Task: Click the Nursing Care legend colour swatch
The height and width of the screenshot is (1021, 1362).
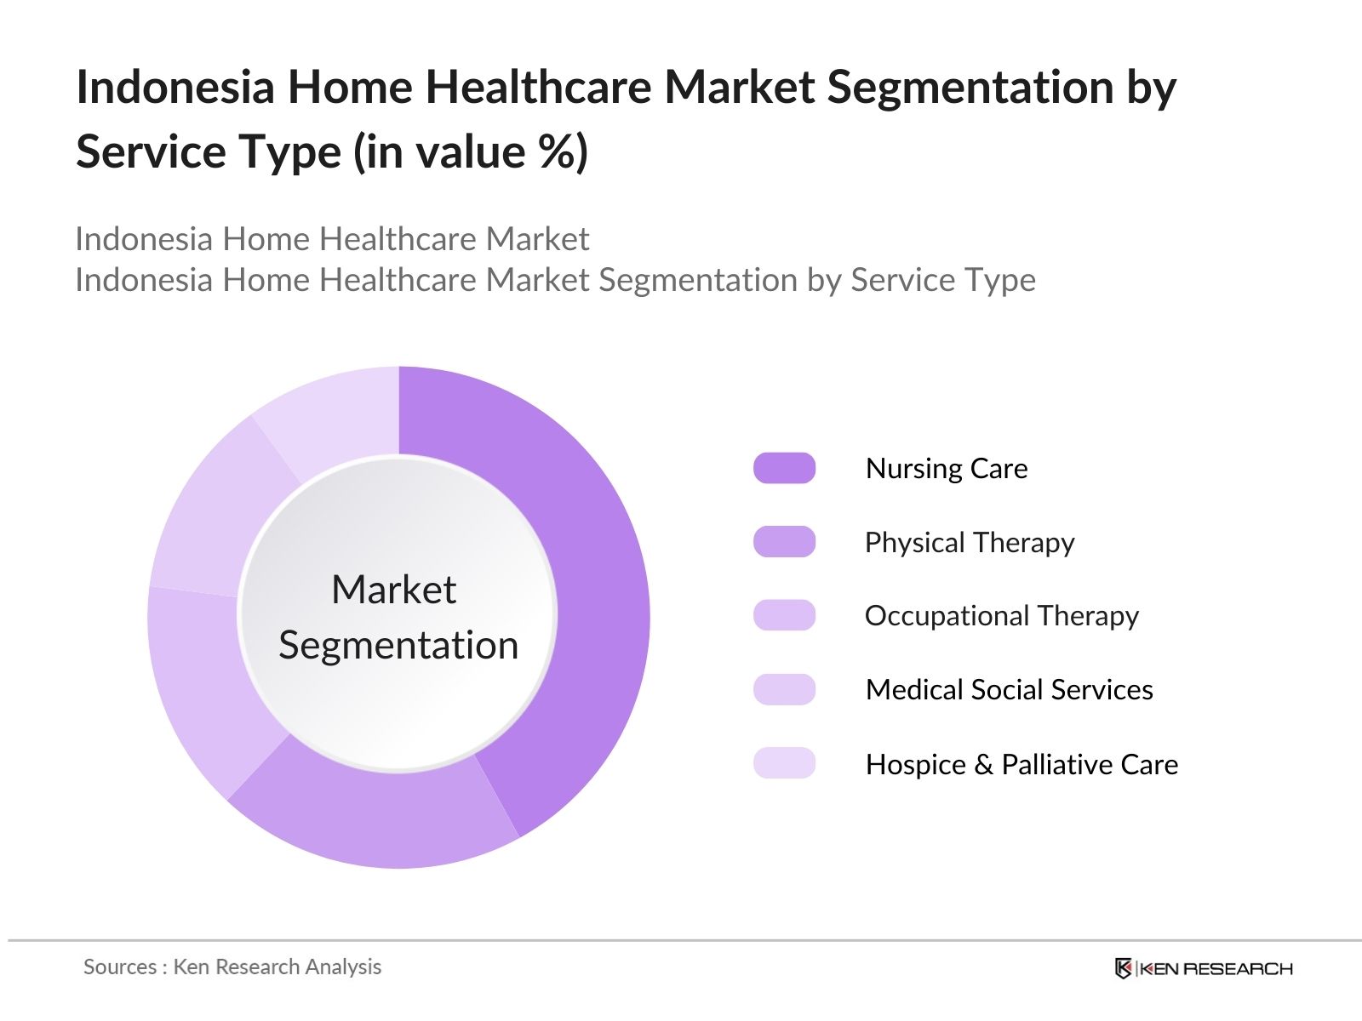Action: tap(784, 468)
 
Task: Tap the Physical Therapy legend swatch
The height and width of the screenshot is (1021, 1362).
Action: tap(784, 542)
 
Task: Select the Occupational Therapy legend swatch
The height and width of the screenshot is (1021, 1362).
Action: tap(784, 615)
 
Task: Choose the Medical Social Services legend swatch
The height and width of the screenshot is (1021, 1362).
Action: tap(784, 689)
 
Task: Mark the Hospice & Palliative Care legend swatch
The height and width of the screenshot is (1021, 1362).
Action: tap(784, 763)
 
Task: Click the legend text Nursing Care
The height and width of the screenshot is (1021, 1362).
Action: tap(947, 469)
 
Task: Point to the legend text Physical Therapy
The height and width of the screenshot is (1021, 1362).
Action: tap(970, 543)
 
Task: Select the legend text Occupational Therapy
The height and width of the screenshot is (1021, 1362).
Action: tap(1001, 616)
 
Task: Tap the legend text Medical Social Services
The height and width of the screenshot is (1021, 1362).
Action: tap(1009, 690)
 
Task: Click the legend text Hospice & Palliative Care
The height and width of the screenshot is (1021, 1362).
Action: tap(1021, 764)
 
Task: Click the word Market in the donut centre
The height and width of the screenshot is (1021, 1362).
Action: tap(394, 590)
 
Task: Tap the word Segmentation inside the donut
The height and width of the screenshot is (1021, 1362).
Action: tap(398, 645)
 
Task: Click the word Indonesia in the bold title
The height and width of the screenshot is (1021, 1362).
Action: tap(175, 88)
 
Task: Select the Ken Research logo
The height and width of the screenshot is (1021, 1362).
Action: tap(1204, 968)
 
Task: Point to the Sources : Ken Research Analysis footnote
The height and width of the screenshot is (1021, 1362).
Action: tap(232, 967)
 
